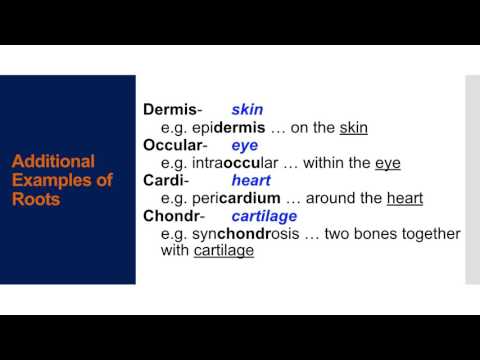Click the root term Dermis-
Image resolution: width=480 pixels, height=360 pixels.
click(172, 110)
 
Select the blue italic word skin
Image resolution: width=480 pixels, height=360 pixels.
click(246, 110)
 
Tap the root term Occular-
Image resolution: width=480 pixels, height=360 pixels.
click(176, 145)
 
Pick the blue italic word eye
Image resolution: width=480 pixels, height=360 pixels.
click(244, 145)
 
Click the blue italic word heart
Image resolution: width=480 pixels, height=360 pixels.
click(250, 181)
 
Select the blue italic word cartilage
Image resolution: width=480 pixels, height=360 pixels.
click(264, 216)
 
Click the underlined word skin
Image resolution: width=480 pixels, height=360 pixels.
click(354, 128)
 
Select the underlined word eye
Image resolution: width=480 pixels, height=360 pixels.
click(387, 163)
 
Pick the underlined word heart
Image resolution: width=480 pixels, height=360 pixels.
click(405, 199)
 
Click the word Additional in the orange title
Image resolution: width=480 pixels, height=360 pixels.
click(53, 162)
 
